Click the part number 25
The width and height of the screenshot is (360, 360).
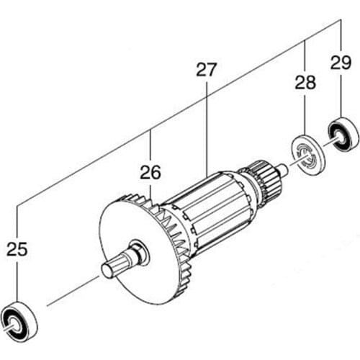click(x=18, y=250)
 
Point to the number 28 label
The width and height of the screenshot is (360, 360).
click(x=305, y=83)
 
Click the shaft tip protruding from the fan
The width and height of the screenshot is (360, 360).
click(x=110, y=270)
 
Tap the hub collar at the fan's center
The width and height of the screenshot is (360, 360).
click(x=137, y=253)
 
